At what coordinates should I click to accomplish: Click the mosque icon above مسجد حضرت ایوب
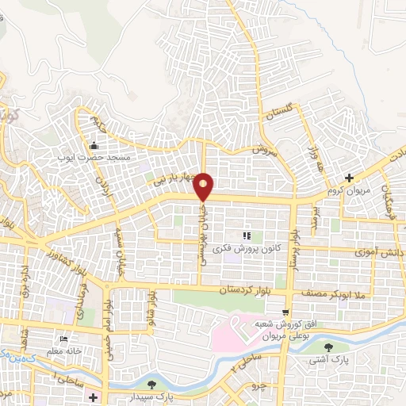click(x=94, y=146)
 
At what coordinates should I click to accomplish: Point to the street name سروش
click(x=262, y=147)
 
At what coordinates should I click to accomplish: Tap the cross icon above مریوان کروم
click(x=349, y=178)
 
